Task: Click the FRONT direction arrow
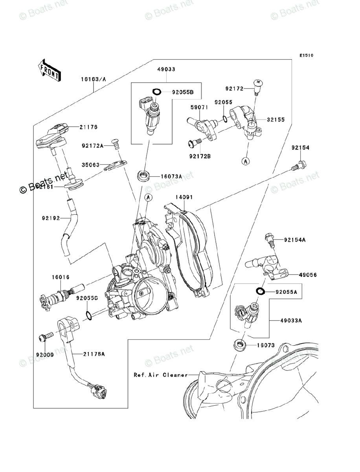click(49, 70)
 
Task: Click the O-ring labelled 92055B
click(156, 92)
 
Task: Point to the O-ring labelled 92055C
click(89, 315)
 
